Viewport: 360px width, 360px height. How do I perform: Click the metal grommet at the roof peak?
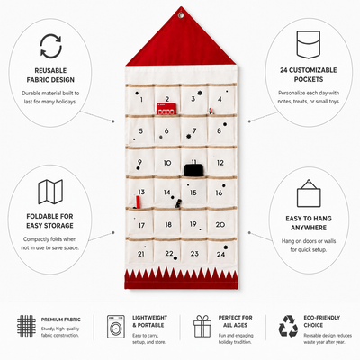[181, 14]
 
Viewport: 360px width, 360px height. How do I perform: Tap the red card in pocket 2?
[166, 109]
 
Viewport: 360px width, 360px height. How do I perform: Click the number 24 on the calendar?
[220, 255]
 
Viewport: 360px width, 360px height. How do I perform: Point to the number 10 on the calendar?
[167, 163]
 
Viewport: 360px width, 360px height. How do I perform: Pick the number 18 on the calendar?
[168, 224]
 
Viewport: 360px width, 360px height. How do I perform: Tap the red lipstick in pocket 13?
[138, 202]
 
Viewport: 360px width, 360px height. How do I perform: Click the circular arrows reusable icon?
[50, 46]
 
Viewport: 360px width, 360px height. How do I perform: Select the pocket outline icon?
[309, 44]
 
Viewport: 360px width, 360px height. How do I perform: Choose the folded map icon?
[50, 192]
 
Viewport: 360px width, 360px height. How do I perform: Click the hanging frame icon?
[309, 193]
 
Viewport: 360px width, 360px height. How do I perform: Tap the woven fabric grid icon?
[26, 326]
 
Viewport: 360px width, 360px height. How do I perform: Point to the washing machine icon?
[116, 327]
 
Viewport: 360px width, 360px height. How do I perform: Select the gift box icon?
[202, 326]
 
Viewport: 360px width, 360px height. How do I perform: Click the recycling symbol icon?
[288, 326]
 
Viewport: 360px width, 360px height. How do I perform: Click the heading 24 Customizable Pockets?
[309, 75]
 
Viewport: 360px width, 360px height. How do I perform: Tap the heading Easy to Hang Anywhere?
[309, 223]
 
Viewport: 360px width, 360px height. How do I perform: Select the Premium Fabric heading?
[61, 319]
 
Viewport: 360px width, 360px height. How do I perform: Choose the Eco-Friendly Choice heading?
[322, 321]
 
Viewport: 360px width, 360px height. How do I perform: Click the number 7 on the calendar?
[194, 130]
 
